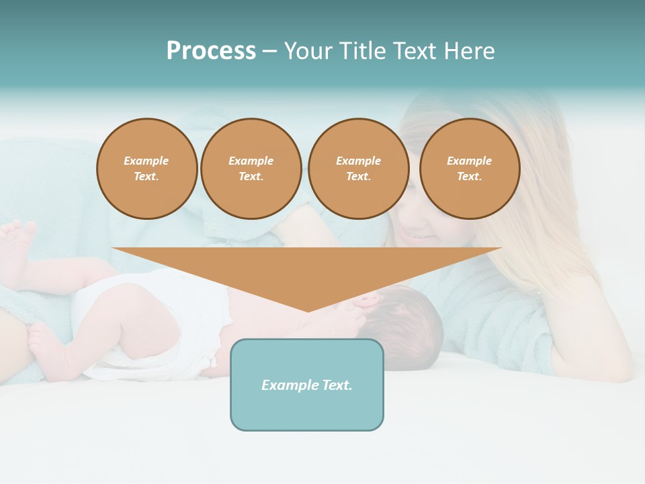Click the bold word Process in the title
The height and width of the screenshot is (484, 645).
coord(211,51)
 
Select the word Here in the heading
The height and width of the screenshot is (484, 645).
coord(468,51)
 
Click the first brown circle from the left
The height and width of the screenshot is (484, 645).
coord(147,169)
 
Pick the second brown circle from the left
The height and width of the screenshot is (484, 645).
coord(251,169)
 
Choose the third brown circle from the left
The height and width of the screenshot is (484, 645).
coord(359,169)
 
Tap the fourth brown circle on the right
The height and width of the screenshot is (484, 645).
coord(470,169)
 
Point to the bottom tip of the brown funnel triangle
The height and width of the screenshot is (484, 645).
coord(308,310)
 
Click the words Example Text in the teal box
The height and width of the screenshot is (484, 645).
coord(307,385)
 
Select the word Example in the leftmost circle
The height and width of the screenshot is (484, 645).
coord(146,161)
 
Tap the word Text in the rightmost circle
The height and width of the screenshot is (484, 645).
coord(470,177)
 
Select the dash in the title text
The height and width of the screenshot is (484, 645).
coord(269,51)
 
